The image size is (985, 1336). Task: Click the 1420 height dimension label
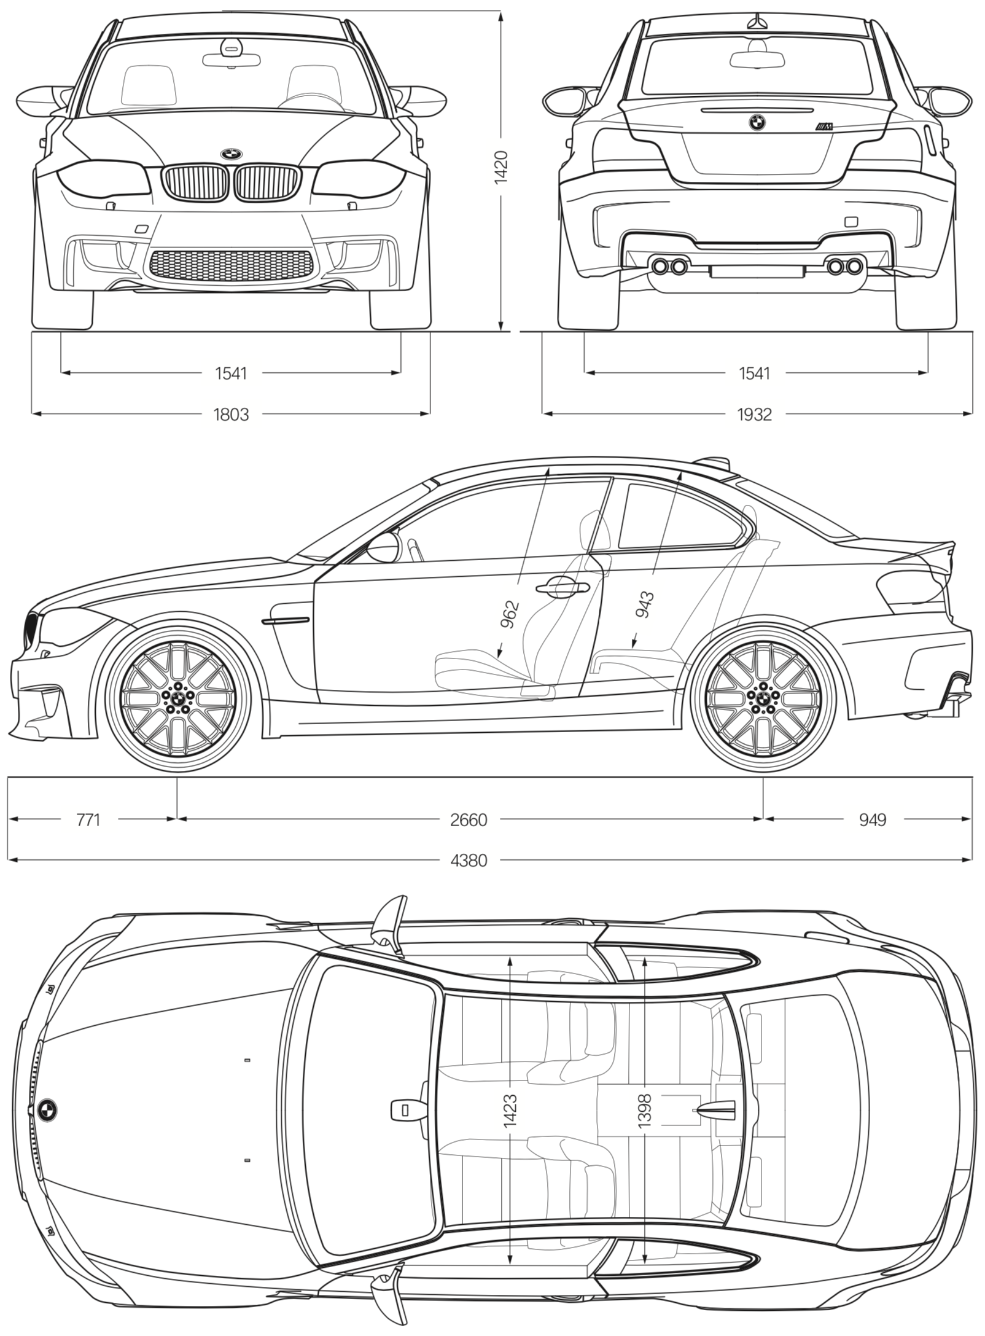501,166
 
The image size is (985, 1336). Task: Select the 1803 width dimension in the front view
231,415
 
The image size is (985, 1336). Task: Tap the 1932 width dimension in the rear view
754,415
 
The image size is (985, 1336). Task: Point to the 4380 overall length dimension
469,861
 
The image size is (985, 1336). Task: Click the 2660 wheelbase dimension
469,819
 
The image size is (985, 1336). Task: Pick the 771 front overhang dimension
88,819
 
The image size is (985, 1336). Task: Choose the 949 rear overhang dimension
873,819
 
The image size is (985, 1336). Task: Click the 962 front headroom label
510,614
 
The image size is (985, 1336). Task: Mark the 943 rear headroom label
645,605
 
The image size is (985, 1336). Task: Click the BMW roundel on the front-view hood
232,154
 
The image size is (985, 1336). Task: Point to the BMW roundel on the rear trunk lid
757,122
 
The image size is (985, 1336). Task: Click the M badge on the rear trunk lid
824,127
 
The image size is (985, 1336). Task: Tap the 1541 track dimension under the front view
231,373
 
